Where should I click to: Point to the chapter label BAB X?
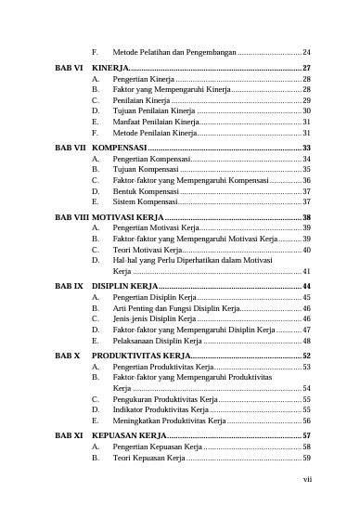click(x=67, y=355)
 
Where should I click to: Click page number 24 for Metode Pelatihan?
click(x=306, y=51)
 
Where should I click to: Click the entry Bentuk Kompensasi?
click(x=147, y=190)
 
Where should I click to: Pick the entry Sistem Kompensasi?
click(x=146, y=201)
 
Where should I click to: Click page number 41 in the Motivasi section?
click(x=306, y=271)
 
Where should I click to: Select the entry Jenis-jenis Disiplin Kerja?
click(x=155, y=317)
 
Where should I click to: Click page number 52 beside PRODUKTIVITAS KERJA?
click(x=306, y=356)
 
